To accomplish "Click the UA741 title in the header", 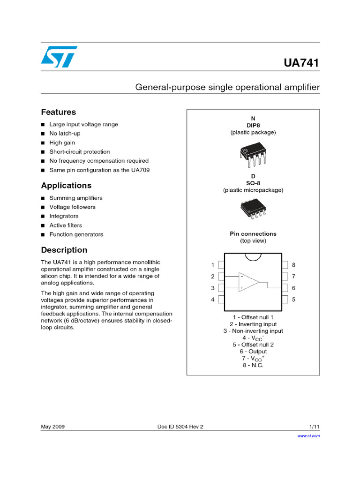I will [301, 63].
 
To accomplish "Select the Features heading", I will [59, 112].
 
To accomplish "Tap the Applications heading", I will [66, 185].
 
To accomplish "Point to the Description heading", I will [64, 250].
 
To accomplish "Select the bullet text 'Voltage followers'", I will [72, 207].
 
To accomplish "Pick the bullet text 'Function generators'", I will [76, 234].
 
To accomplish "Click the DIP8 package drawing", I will [253, 154].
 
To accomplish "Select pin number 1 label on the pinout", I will [213, 265].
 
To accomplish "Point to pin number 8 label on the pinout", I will [293, 265].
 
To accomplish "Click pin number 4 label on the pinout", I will [213, 299].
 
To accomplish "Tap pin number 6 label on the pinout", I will [293, 288].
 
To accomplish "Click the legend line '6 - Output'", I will [253, 351].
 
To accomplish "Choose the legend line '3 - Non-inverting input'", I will [253, 330].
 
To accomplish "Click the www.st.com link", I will [309, 436].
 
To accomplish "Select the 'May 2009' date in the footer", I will [52, 427].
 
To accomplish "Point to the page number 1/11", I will [314, 427].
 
